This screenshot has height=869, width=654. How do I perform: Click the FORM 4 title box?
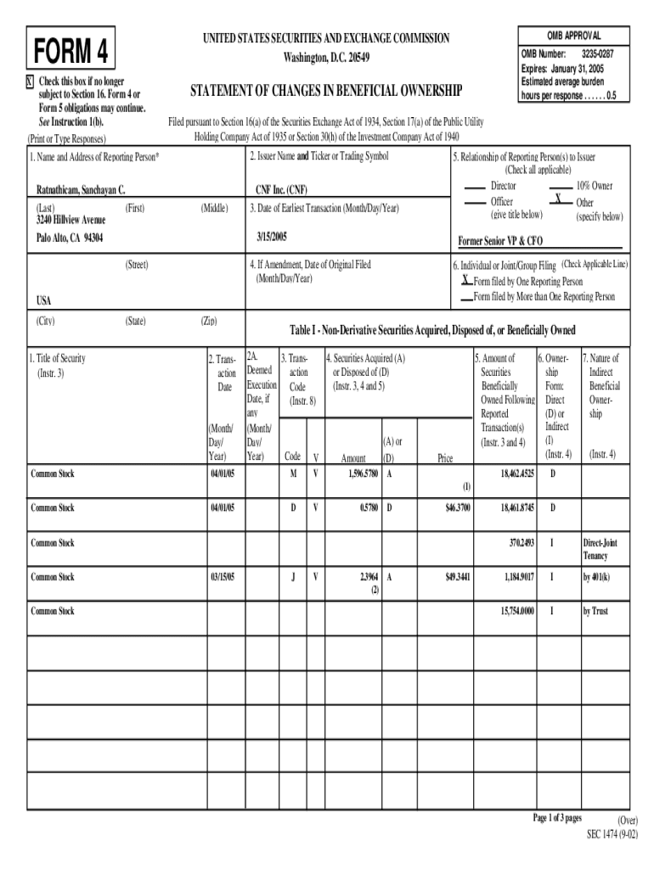pos(71,52)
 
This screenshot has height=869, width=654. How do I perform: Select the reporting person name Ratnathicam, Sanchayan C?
pos(81,190)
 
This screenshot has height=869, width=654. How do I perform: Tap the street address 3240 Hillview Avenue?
pos(70,220)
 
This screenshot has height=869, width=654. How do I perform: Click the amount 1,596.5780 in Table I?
pos(363,474)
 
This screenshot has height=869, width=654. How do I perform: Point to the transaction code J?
pos(293,577)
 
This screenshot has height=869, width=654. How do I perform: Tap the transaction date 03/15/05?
pos(223,577)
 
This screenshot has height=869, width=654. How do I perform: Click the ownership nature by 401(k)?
pos(599,577)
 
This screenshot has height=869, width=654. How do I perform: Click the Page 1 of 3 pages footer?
pos(556,817)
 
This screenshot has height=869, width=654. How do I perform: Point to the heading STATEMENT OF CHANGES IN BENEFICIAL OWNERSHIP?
pos(325,91)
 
